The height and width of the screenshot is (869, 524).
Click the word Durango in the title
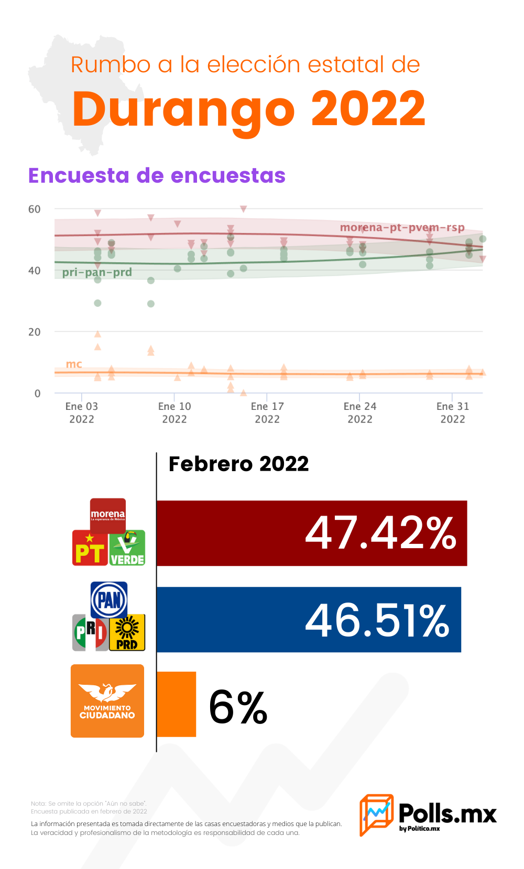pos(183,110)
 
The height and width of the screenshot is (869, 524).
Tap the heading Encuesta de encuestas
pos(157,175)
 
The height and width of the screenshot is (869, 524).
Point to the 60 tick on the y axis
pos(35,209)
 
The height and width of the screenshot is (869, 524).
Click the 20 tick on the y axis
pos(35,332)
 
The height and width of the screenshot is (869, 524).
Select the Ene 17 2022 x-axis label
pos(267,413)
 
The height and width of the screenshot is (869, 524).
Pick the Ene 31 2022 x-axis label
pos(453,413)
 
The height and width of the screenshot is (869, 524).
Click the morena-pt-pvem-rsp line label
pos(402,228)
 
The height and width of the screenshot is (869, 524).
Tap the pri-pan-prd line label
pos(97,272)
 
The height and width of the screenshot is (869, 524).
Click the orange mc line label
pos(74,364)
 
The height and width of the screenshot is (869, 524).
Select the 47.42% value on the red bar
pos(380,533)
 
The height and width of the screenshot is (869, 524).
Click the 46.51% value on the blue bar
pos(377,620)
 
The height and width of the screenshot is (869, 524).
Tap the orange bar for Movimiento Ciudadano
pos(176,704)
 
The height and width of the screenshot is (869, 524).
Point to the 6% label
pos(238,707)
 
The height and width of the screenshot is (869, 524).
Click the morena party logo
pos(108,515)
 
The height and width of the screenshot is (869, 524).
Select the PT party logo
pos(90,548)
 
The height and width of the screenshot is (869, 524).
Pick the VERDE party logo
pos(127,548)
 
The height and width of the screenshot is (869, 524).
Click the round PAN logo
pos(109,599)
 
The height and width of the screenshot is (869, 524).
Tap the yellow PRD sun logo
pos(127,632)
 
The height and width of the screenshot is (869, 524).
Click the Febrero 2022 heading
pos(238,464)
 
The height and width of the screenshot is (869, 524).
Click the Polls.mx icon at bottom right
pos(376,814)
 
